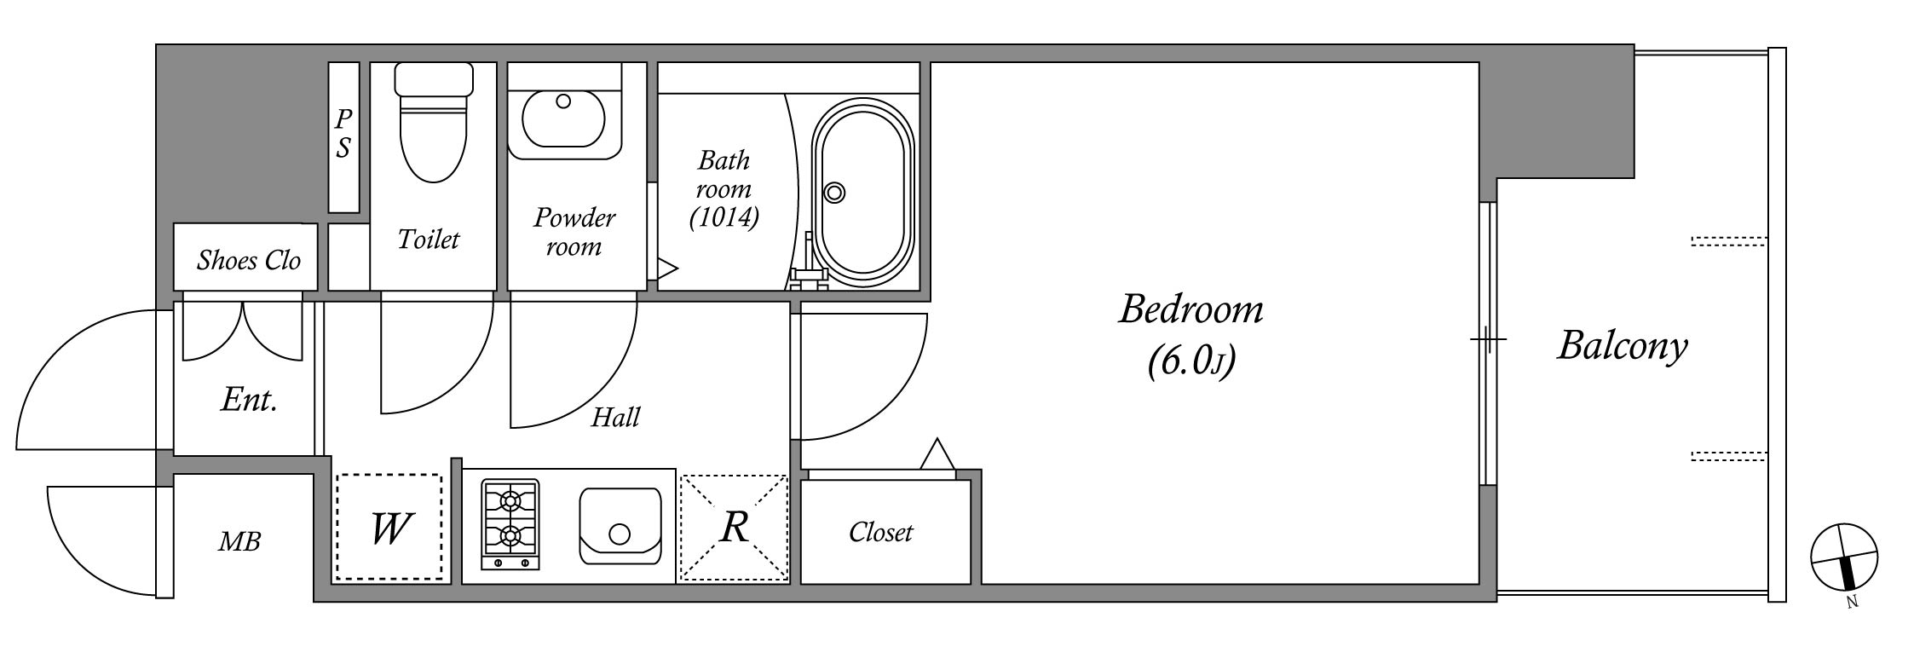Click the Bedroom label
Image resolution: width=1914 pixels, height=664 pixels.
pos(1190,309)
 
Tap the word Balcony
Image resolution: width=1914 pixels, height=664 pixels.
pos(1623,347)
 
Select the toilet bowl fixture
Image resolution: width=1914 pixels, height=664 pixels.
pos(434,122)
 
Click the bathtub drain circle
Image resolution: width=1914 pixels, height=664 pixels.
pos(835,193)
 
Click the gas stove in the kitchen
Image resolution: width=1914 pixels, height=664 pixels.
pos(510,524)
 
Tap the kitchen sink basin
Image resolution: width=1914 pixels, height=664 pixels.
pos(620,526)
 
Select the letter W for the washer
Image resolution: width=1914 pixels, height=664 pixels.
pos(391,529)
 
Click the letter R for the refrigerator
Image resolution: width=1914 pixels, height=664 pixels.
pos(735,528)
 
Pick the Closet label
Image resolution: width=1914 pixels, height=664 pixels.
pos(880,533)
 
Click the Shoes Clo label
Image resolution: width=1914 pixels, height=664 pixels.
pos(249,260)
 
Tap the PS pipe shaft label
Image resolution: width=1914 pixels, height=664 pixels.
pos(343,134)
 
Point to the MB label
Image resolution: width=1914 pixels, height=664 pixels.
pos(239,541)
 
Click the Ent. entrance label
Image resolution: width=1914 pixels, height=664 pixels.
pos(249,399)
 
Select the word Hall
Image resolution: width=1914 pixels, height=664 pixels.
pos(615,417)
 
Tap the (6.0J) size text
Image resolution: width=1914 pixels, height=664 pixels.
pos(1190,361)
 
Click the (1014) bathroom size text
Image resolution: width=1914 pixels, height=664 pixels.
pos(724,218)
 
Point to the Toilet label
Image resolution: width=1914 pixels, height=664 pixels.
pos(429,240)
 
